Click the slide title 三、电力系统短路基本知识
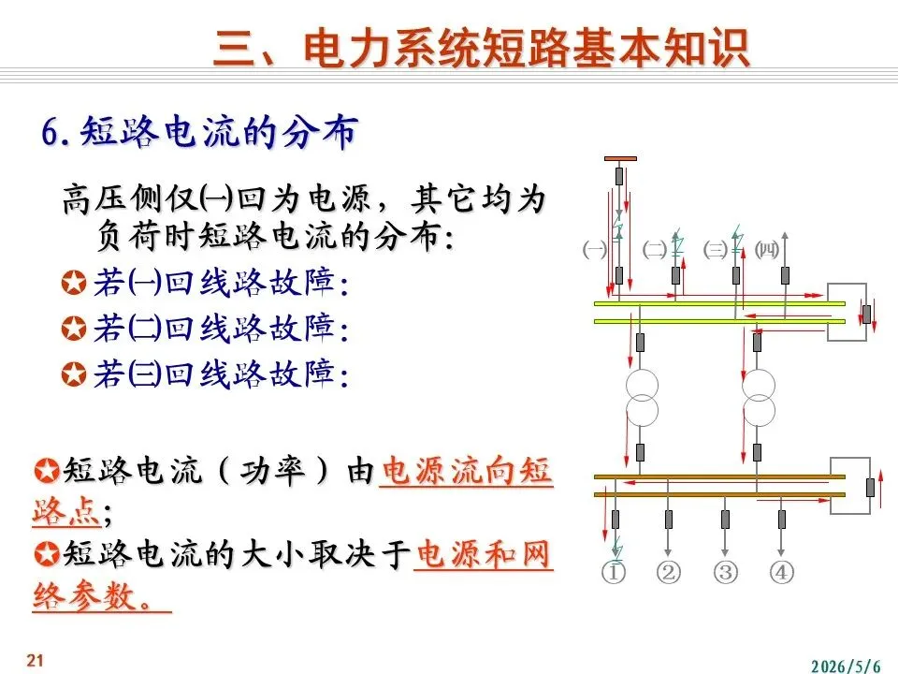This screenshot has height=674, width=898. coord(481,48)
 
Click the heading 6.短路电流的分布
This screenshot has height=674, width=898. coord(200,132)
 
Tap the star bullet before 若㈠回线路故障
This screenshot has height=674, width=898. coord(74,283)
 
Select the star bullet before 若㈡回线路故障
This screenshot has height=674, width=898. coord(74,329)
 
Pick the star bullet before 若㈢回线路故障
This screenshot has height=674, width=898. coord(74,374)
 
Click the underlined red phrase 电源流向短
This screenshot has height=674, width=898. coord(466,471)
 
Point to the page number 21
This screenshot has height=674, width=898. coord(35,660)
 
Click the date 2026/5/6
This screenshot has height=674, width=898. coord(846,666)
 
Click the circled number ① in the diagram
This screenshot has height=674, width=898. coord(614,572)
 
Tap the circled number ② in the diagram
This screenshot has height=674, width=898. coord(668,572)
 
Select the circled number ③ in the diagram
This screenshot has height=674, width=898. coord(725,572)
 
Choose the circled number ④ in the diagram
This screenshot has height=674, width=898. coord(781,572)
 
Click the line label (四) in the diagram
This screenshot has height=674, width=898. coord(767,249)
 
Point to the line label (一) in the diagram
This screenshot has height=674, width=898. coord(595,250)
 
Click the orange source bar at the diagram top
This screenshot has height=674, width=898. coord(620,159)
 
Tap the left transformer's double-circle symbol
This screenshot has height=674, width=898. coord(642,398)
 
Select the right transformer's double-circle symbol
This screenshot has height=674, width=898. coord(759,398)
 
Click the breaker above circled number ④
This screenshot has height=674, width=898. coord(782,520)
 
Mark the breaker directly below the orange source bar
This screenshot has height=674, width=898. coord(619,176)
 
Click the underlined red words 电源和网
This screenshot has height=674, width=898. coord(483,554)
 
